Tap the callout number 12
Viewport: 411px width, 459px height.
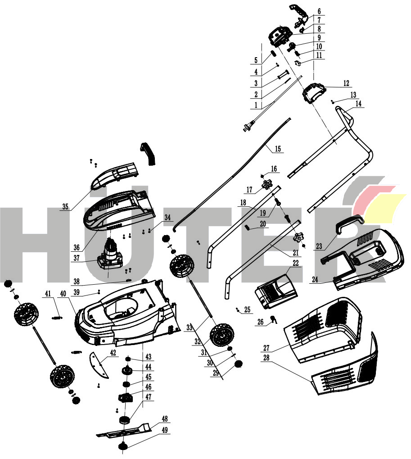coord(346,83)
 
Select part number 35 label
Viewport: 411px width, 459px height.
coord(65,207)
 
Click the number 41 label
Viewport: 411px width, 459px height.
coord(48,294)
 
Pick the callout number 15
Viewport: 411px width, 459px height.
coord(278,149)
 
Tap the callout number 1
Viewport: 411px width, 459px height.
coord(256,105)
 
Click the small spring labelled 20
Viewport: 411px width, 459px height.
coord(247,228)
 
